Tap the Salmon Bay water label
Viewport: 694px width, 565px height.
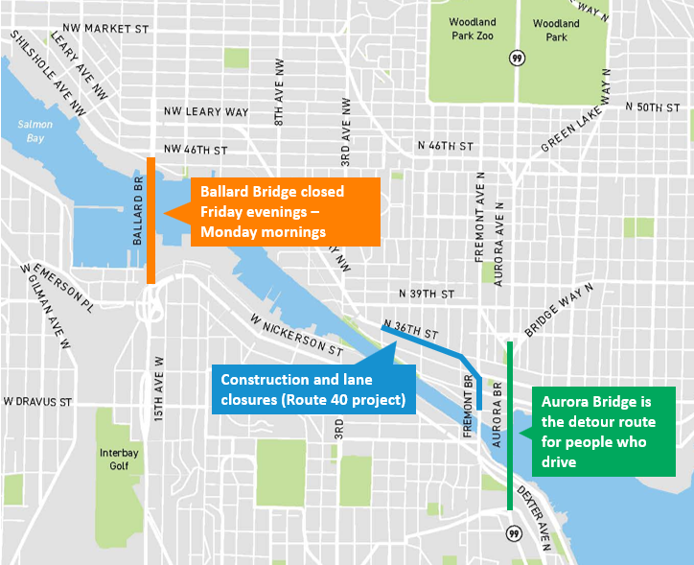tap(36, 131)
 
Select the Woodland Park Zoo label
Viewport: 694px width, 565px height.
tap(472, 29)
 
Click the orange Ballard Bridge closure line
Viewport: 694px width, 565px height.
tap(151, 220)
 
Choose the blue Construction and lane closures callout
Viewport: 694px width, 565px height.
tap(312, 389)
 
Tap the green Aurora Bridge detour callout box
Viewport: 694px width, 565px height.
tap(604, 432)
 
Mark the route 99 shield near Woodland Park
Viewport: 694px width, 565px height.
tap(517, 57)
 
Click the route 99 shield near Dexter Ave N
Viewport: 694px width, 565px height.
tap(514, 531)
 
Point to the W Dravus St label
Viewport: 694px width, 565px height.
tap(38, 400)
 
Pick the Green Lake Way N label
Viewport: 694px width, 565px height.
tap(574, 120)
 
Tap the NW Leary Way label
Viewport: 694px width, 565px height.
tap(206, 112)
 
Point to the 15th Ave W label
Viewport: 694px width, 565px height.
tap(160, 394)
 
